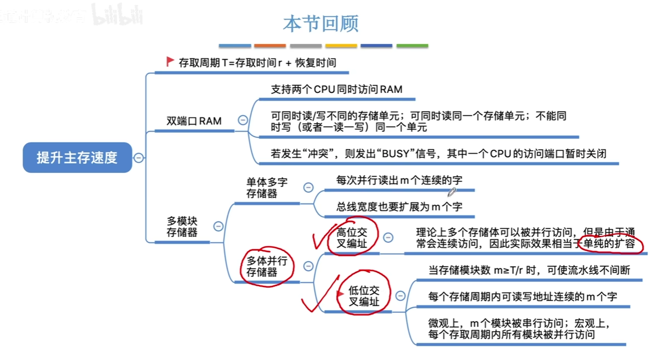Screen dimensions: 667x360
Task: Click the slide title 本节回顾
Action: tap(321, 24)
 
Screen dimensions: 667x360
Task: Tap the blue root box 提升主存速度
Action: tap(77, 157)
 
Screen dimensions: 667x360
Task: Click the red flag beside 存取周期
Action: tap(170, 62)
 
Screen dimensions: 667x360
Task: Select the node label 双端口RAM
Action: tap(194, 121)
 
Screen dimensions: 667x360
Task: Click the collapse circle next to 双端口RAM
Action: tap(243, 120)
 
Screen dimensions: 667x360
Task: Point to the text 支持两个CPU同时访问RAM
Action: tap(337, 89)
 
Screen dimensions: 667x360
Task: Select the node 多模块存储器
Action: tap(182, 227)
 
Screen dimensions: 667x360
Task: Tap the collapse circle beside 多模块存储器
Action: tap(218, 226)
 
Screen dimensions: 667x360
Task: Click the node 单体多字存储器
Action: tap(267, 188)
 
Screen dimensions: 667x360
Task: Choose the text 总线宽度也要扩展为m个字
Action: tap(399, 207)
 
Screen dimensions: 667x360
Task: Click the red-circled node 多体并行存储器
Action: tap(267, 266)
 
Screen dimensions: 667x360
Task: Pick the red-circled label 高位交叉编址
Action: tap(352, 238)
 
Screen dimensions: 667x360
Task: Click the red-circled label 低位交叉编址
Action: tap(364, 296)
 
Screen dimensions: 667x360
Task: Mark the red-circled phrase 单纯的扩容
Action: tap(609, 244)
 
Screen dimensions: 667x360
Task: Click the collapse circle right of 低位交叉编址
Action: tap(400, 295)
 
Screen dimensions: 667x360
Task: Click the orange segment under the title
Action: tap(270, 46)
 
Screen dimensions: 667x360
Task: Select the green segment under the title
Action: tap(412, 46)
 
